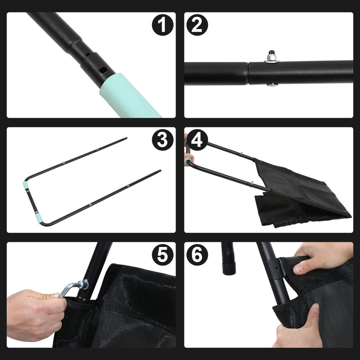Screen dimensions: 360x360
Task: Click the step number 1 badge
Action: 162,25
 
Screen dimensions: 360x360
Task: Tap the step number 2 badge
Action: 197,25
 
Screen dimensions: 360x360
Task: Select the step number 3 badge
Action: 162,140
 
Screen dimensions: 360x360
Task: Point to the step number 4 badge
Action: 197,140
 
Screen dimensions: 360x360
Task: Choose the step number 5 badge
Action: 162,255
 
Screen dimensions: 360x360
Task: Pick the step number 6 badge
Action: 197,255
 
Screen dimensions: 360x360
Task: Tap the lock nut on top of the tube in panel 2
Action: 271,56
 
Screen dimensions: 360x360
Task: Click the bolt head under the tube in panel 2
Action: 272,84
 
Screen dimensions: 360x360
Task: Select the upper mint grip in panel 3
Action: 25,184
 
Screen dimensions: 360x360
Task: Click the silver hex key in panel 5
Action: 74,287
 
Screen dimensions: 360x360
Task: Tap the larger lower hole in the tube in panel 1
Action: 103,69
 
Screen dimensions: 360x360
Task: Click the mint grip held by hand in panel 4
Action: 188,161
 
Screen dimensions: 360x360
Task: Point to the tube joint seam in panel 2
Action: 248,73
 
